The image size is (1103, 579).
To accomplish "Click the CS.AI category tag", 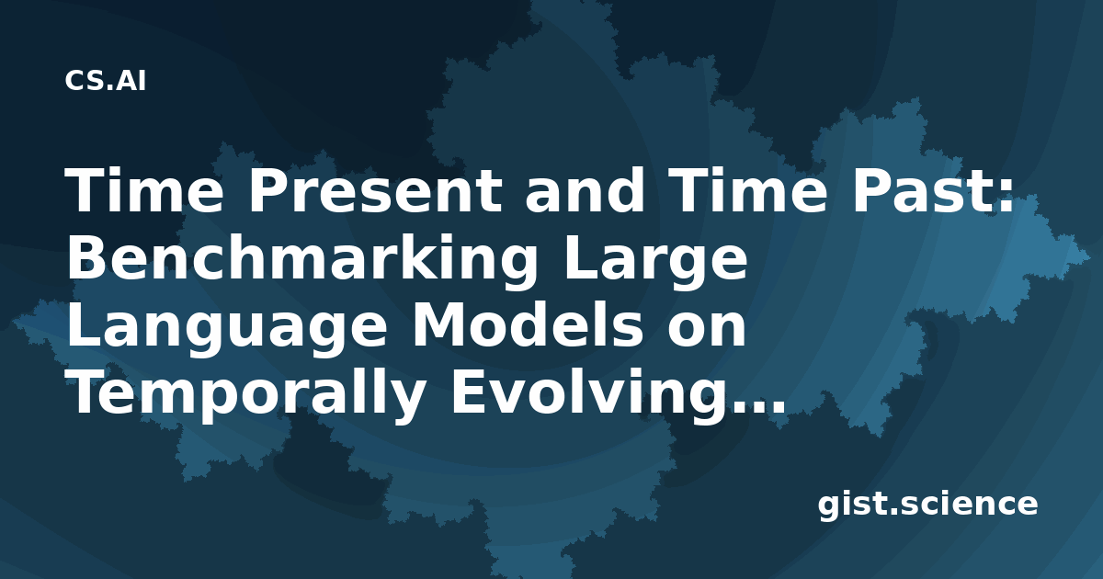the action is pos(106,81).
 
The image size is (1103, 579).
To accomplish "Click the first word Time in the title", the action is pos(144,190).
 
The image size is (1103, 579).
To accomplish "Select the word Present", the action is pos(376,190).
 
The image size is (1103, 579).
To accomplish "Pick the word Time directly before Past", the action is pos(749,190).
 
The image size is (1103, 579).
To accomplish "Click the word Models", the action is pos(528,326).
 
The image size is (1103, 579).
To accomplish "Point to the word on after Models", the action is pos(707,331).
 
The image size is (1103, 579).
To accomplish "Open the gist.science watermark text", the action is pos(927,505).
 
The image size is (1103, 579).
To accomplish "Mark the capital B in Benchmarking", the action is pos(87,258).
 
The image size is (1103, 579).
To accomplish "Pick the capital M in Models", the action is pos(440,326).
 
